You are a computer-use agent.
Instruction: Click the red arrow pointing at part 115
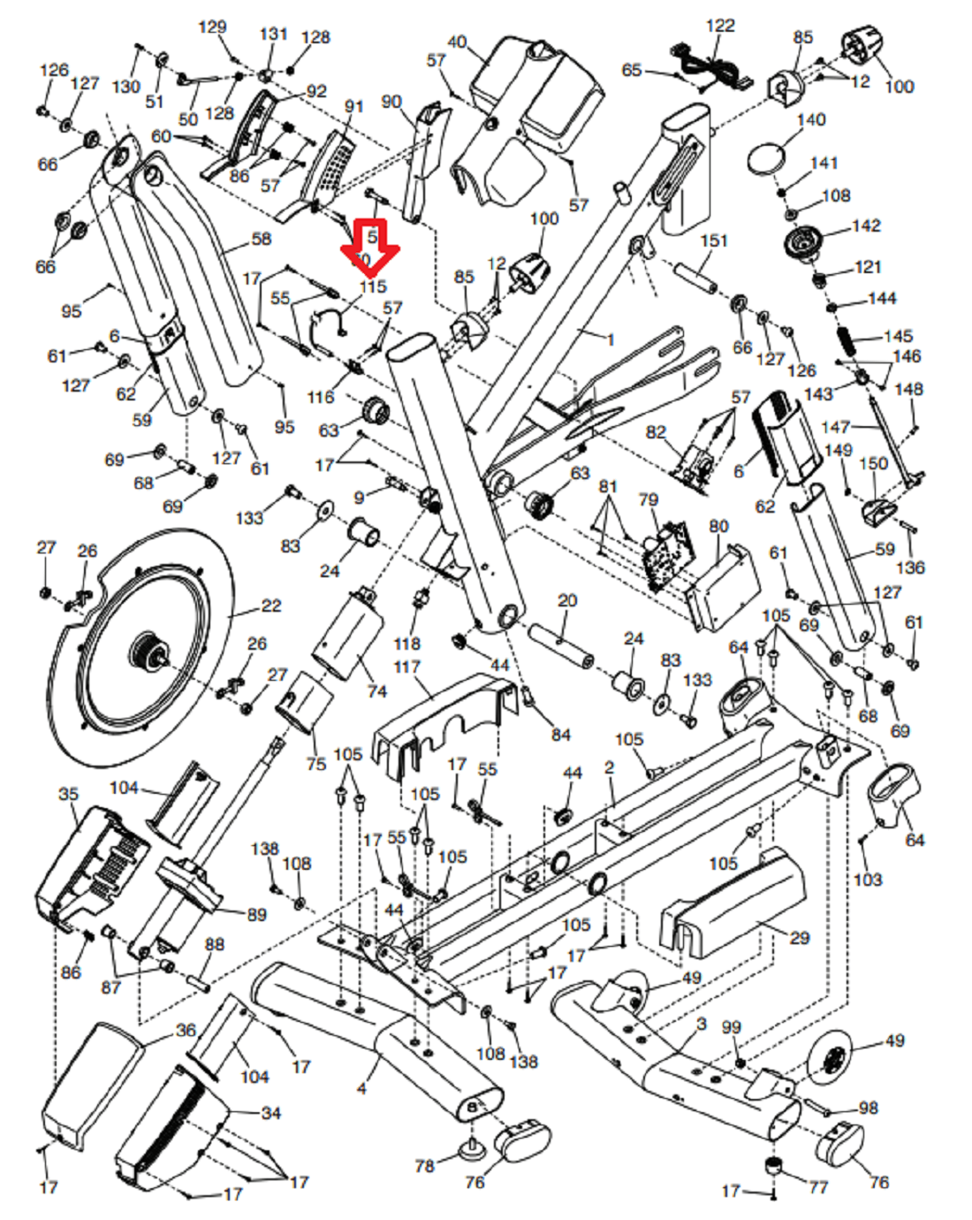point(371,248)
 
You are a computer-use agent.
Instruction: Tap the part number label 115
point(373,287)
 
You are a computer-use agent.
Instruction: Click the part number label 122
point(720,26)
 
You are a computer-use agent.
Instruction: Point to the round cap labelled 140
point(765,160)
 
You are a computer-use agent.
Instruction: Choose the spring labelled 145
point(844,338)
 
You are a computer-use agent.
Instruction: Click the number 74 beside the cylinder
point(377,690)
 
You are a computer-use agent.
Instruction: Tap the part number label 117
point(407,667)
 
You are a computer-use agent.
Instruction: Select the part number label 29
point(799,937)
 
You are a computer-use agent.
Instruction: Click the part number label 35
point(68,794)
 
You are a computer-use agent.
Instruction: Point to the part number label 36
point(186,1030)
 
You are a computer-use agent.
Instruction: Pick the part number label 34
point(270,1112)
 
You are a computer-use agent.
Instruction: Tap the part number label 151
point(714,240)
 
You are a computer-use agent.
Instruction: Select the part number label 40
point(457,42)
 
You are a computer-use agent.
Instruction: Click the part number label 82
point(656,432)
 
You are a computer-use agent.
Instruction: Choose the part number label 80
point(719,527)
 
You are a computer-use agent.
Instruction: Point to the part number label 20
point(567,601)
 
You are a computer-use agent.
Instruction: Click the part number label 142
point(866,226)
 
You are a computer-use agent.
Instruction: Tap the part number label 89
point(256,914)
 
